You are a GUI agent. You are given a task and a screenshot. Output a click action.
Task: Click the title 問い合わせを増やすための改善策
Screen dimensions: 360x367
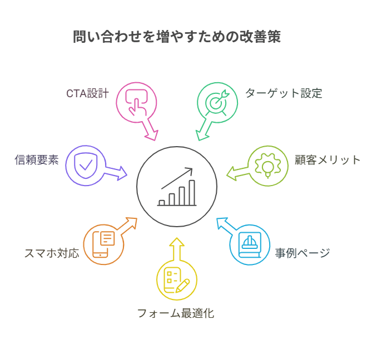click(x=177, y=37)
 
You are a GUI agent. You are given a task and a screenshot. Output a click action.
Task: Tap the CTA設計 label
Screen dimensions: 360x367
click(x=87, y=93)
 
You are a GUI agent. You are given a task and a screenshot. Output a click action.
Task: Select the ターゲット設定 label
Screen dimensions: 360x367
click(x=284, y=93)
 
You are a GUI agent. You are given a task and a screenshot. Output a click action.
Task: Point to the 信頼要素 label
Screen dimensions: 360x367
click(x=37, y=161)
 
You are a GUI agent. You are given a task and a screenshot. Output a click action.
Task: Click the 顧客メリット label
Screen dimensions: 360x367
click(x=328, y=160)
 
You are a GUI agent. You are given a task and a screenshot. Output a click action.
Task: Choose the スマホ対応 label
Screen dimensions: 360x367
click(x=51, y=253)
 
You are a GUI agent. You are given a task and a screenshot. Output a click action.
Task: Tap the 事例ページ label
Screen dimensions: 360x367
click(x=302, y=253)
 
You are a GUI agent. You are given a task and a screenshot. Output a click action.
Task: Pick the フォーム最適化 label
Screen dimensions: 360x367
click(x=176, y=313)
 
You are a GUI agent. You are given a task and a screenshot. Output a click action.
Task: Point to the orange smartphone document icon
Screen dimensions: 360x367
click(x=103, y=244)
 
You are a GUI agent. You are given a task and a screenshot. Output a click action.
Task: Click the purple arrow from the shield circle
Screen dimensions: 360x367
click(x=118, y=172)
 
